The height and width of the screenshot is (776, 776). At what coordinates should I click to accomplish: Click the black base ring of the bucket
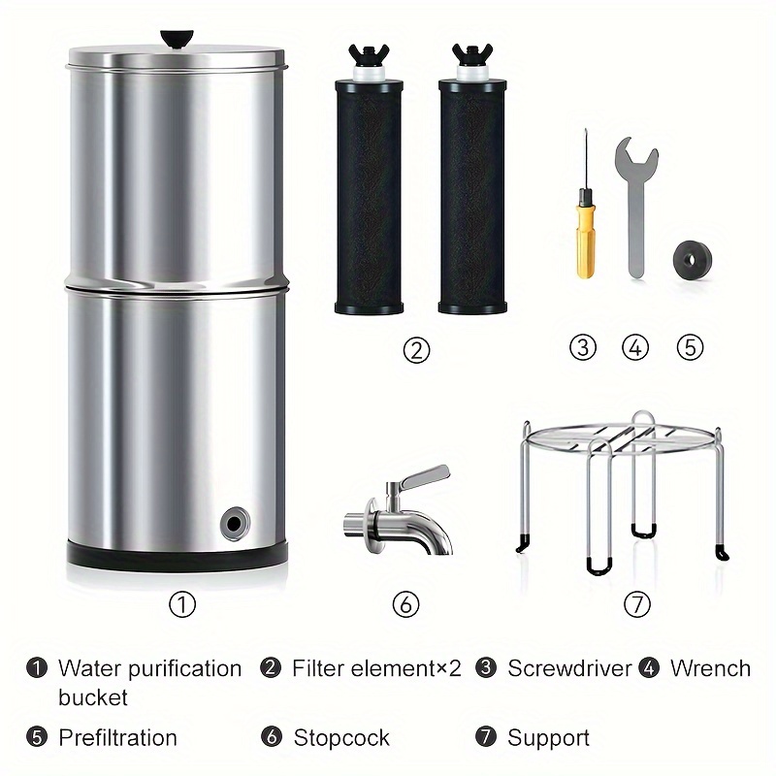click(x=177, y=554)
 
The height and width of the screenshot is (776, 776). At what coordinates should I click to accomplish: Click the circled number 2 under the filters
click(x=416, y=349)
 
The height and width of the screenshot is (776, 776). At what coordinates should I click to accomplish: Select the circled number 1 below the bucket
click(x=182, y=604)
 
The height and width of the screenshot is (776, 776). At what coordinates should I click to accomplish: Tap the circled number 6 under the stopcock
click(x=405, y=604)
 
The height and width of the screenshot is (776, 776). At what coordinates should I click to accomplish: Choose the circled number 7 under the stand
click(x=635, y=604)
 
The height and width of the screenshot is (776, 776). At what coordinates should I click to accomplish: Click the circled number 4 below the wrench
click(x=635, y=347)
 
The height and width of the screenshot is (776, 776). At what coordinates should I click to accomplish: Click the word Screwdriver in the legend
click(x=569, y=668)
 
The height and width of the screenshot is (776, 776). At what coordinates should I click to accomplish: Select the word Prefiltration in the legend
click(x=117, y=737)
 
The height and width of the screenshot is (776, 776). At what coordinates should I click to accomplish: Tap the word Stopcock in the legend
click(x=341, y=737)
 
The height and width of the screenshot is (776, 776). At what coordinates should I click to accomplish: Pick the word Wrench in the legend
click(x=710, y=668)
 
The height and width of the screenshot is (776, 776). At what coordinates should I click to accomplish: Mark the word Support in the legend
click(x=550, y=737)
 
